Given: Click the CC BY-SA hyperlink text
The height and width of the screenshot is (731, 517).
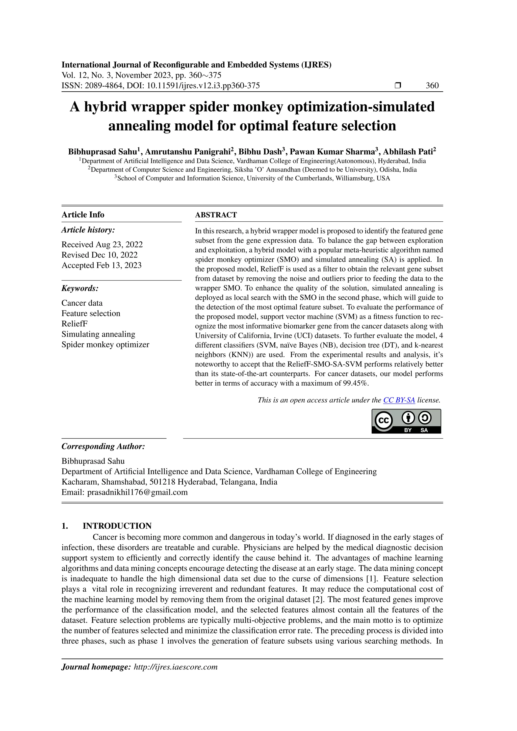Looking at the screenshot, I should coord(399,400).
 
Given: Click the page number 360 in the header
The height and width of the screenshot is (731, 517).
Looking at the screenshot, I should coord(432,85).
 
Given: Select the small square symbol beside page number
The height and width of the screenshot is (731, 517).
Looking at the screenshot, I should coord(398,85).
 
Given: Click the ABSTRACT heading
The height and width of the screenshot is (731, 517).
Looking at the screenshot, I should coord(216,215).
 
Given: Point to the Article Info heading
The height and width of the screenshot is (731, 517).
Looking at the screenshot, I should coord(83,215).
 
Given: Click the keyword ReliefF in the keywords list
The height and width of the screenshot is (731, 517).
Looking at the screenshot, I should coord(74,324).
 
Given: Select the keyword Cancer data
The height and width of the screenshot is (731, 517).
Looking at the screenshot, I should coord(82,303).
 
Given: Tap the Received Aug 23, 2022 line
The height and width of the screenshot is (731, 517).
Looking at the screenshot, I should coord(102,245).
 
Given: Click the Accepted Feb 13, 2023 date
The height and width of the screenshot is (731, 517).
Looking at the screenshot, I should coord(101,265).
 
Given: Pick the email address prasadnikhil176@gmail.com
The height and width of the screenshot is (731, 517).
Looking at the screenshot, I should coord(137,492).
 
